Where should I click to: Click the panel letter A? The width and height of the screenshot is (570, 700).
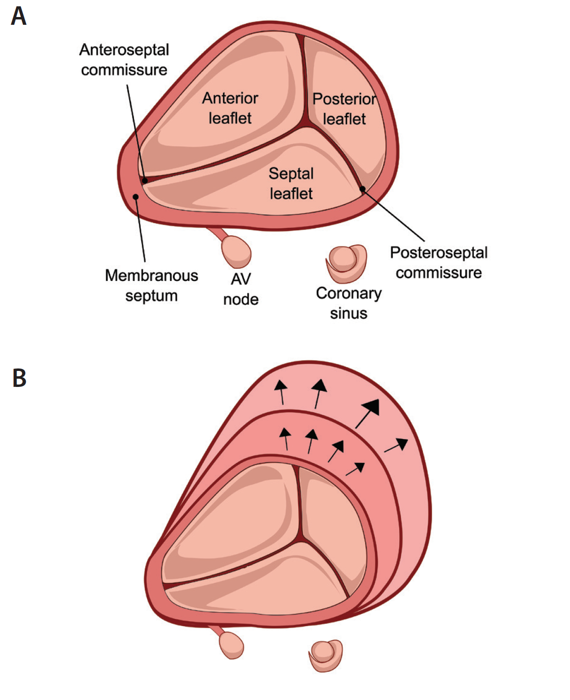tap(18, 17)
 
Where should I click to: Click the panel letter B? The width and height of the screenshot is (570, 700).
tap(19, 378)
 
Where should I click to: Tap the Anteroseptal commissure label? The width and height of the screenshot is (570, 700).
tap(124, 60)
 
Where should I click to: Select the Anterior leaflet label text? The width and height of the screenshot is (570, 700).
tap(230, 108)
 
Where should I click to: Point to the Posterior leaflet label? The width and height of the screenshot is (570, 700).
tap(344, 109)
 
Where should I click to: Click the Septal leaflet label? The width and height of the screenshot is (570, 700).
tap(291, 183)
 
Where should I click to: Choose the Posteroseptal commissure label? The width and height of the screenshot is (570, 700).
tap(438, 262)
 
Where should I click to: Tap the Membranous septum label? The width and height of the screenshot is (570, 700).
tap(151, 285)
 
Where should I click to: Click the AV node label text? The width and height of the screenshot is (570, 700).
tap(241, 289)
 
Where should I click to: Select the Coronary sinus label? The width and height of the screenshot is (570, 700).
tap(349, 303)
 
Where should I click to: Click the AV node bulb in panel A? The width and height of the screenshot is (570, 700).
tap(236, 251)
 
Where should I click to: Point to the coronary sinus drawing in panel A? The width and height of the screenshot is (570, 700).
tap(346, 262)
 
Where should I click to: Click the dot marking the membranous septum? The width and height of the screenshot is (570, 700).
tap(136, 197)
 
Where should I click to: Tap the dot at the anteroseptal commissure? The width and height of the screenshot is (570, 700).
tap(145, 180)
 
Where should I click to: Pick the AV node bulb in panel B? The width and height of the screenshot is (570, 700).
tap(231, 646)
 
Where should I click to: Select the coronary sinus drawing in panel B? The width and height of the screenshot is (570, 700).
tap(326, 654)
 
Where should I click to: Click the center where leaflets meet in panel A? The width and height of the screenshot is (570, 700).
tap(306, 125)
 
